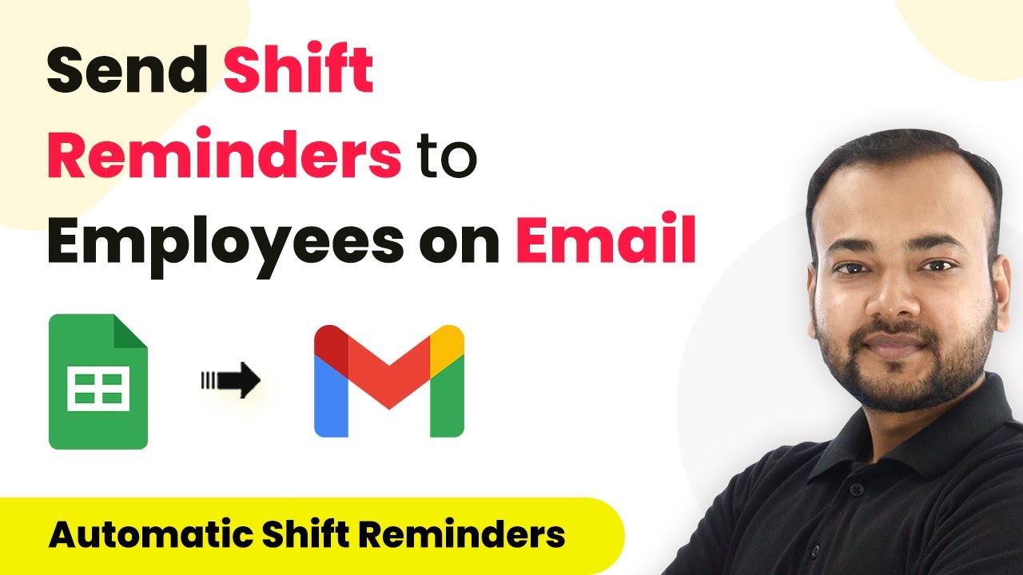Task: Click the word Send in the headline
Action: [126, 73]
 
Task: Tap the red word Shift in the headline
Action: [298, 73]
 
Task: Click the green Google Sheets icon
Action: [98, 382]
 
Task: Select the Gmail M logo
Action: [389, 381]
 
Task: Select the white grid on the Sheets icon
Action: [98, 390]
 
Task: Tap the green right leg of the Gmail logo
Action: [447, 399]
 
